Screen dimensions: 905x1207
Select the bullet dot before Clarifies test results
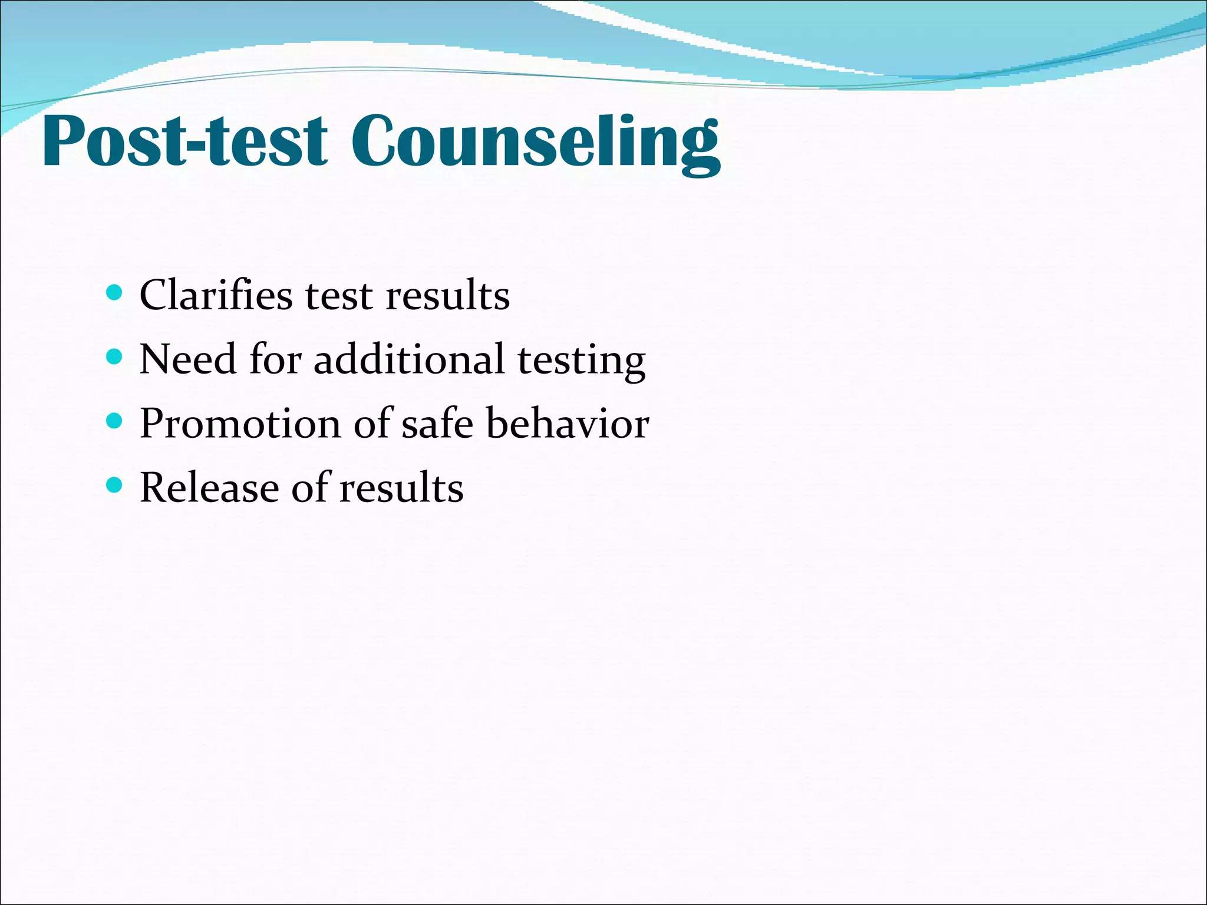(x=114, y=292)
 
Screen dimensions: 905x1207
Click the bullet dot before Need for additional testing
(x=114, y=356)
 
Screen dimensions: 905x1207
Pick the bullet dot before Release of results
(x=114, y=485)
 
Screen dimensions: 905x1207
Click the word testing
(x=581, y=361)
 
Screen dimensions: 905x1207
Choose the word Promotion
(x=240, y=424)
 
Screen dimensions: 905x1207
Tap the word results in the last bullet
(x=401, y=488)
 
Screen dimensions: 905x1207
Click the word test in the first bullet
(x=339, y=296)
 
